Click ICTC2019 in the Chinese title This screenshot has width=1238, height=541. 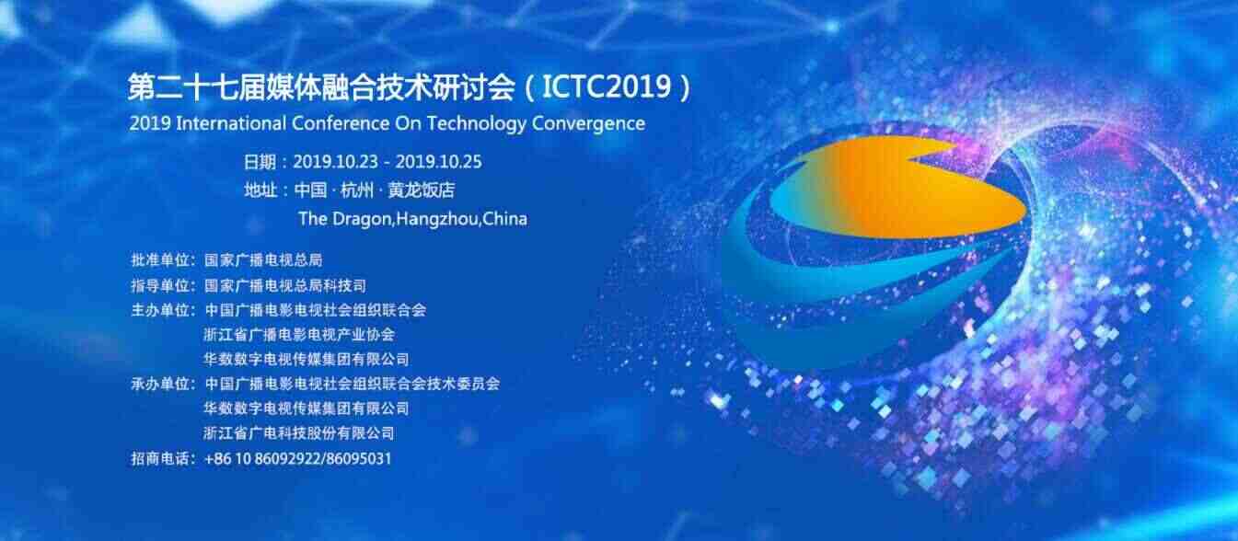point(607,87)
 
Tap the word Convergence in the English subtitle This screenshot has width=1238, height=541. point(588,124)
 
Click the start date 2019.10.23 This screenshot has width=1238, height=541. point(335,162)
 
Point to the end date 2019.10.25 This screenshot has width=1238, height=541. point(438,162)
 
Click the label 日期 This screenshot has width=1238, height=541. point(260,162)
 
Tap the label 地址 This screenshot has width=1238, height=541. point(260,190)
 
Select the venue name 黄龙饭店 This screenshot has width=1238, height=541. point(422,190)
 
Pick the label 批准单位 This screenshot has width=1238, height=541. point(160,259)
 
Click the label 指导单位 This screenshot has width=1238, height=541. point(160,286)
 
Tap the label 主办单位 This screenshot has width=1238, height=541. point(160,310)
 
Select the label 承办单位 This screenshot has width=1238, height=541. point(160,384)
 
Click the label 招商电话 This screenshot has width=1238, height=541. point(160,458)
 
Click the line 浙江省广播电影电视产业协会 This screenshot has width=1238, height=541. point(299,334)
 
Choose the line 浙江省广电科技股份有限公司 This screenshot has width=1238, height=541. point(299,432)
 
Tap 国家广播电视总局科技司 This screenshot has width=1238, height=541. point(285,286)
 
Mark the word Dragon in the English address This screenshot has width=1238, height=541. point(362,219)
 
